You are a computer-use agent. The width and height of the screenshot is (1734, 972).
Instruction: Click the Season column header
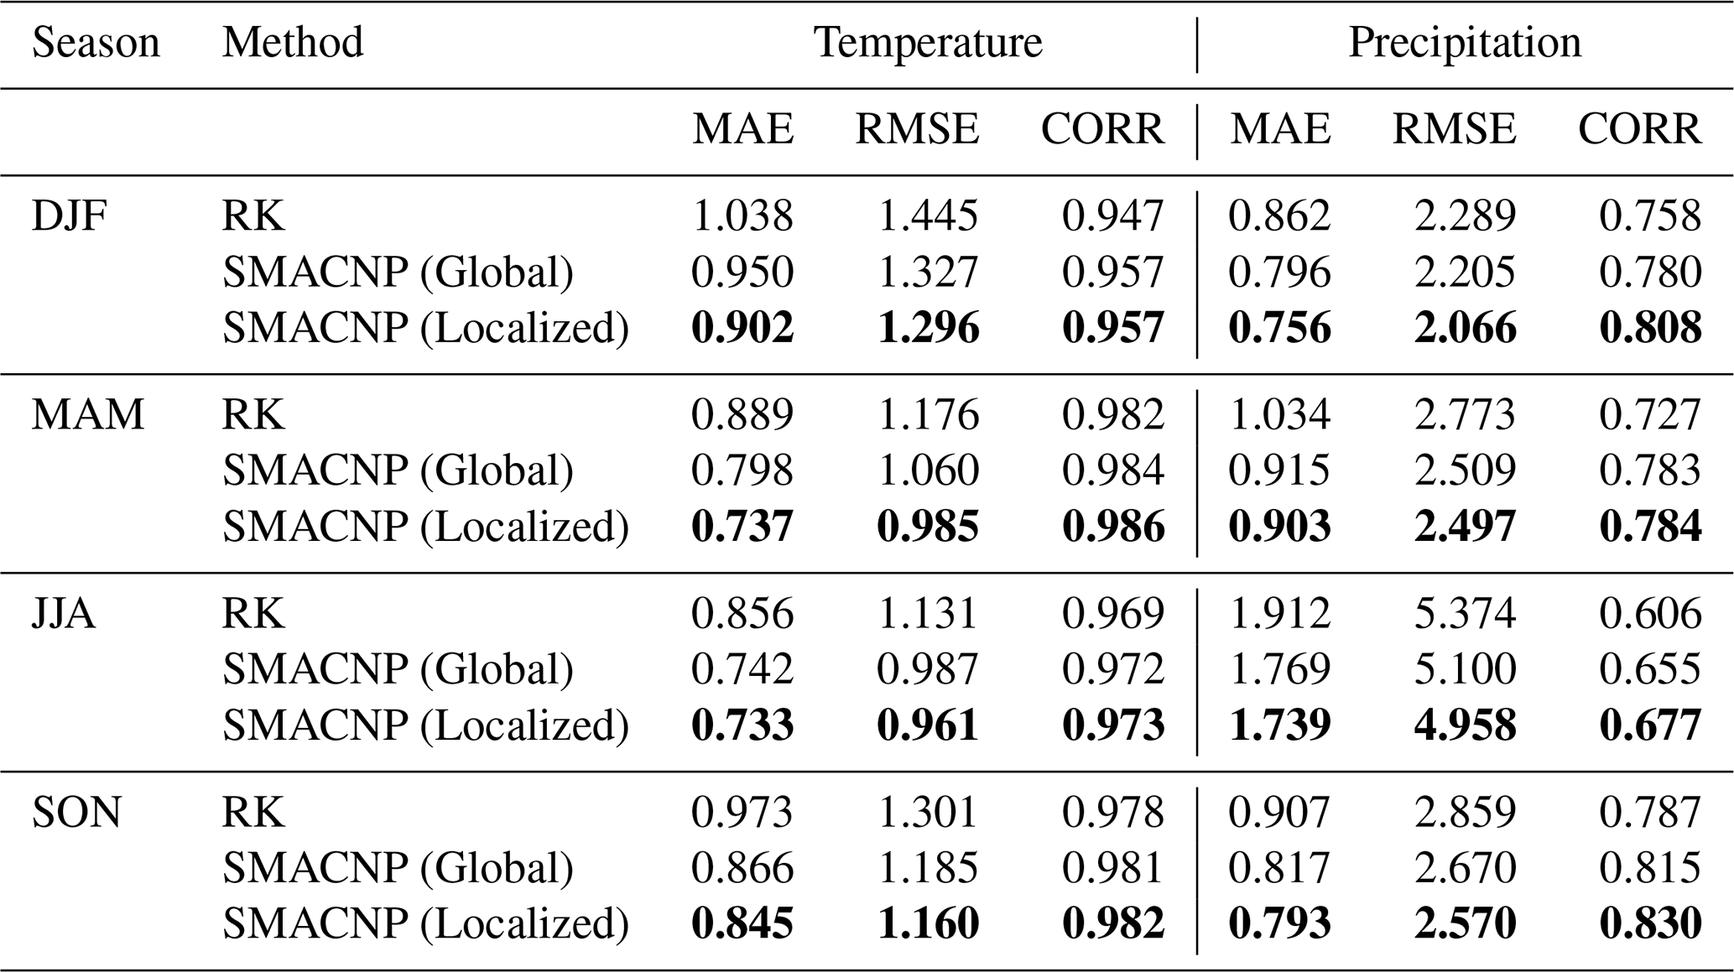click(x=96, y=42)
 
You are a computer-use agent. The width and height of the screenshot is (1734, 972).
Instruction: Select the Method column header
click(x=293, y=42)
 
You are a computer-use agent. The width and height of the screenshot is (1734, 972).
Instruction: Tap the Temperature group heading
click(x=929, y=43)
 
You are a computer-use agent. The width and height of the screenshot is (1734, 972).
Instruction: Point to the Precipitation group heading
click(x=1465, y=43)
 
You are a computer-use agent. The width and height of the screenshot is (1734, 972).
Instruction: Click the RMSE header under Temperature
click(x=917, y=129)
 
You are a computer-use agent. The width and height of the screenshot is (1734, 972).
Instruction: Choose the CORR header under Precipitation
click(x=1640, y=129)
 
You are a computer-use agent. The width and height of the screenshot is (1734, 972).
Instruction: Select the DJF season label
click(x=70, y=216)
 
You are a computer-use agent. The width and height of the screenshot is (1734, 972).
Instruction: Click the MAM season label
click(x=88, y=414)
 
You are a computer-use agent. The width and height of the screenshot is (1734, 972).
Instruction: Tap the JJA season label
click(x=64, y=613)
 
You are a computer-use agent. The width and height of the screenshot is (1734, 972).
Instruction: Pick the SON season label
click(x=76, y=812)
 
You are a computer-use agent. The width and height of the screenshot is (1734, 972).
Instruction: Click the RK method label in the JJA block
click(x=253, y=613)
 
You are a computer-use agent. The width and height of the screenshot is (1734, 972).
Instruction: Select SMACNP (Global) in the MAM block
click(x=398, y=470)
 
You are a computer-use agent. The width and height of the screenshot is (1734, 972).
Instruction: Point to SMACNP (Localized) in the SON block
click(x=425, y=923)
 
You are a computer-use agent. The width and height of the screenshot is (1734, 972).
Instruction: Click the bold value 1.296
click(x=929, y=327)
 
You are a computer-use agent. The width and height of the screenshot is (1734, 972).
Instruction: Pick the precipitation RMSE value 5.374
click(x=1466, y=613)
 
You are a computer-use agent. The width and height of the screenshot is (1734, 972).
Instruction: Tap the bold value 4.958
click(x=1466, y=725)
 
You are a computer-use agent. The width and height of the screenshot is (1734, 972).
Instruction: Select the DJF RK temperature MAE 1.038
click(x=742, y=216)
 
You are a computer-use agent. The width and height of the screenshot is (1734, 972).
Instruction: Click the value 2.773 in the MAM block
click(x=1466, y=414)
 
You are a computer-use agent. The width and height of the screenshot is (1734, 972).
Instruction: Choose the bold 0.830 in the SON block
click(x=1650, y=923)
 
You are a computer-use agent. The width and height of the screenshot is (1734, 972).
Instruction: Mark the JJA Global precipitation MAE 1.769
click(x=1280, y=669)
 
